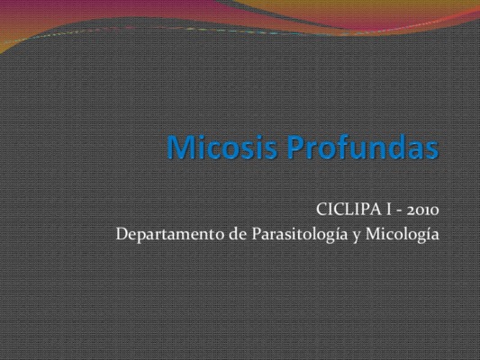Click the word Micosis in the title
point(222,147)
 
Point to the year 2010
point(422,210)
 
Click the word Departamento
point(170,235)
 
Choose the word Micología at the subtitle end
point(403,235)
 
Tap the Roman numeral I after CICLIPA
point(389,210)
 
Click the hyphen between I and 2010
point(399,211)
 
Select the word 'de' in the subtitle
point(238,235)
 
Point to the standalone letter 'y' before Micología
point(357,237)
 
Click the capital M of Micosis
point(181,147)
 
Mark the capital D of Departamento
point(123,234)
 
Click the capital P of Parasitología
point(258,234)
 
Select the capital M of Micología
point(374,234)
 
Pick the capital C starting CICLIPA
point(322,210)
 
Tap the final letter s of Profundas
point(432,150)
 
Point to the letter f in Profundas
point(333,147)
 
